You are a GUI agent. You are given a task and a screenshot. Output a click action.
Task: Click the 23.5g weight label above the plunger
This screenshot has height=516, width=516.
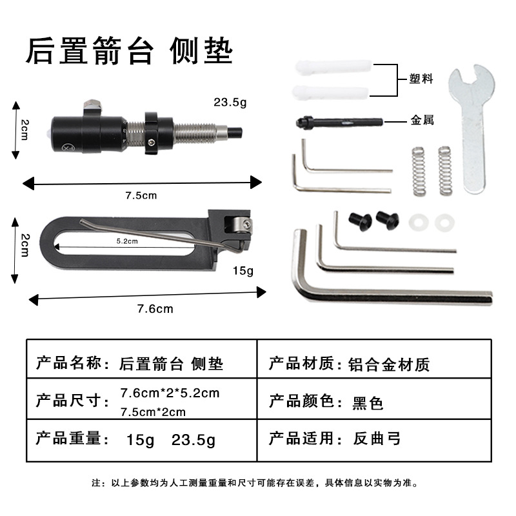(x=230, y=103)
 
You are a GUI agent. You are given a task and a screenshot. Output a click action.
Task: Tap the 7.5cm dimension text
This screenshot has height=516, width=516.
(x=141, y=195)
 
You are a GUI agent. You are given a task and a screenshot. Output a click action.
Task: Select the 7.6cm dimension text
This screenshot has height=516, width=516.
(x=155, y=309)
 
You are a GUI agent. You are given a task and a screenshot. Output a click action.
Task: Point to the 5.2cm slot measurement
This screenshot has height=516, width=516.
(x=127, y=241)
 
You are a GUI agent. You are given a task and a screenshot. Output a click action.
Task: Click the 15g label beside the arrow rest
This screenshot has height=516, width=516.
(x=243, y=271)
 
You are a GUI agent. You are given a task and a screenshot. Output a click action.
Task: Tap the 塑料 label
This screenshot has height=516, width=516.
(x=421, y=79)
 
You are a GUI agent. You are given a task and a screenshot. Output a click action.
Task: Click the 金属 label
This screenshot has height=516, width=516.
(x=422, y=120)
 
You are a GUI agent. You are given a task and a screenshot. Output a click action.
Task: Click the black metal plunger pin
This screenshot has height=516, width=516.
(x=339, y=123)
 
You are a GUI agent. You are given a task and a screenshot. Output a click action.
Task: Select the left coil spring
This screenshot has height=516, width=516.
(x=419, y=171)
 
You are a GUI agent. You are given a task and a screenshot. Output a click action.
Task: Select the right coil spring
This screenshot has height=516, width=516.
(x=445, y=170)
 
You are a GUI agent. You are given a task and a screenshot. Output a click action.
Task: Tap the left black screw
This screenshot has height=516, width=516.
(x=361, y=221)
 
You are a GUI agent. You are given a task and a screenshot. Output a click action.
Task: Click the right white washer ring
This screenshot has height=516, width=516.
(x=444, y=223)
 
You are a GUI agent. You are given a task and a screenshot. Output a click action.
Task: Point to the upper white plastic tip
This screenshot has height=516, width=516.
(x=333, y=67)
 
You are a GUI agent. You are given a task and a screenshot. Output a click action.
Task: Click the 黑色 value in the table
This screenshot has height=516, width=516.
(x=368, y=402)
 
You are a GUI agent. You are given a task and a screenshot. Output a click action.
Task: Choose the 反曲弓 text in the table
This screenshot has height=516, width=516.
(x=377, y=439)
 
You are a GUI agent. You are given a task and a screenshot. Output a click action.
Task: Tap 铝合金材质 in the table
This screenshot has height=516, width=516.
(x=389, y=364)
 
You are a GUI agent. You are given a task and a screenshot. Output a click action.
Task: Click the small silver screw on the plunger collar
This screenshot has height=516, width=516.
(x=152, y=142)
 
